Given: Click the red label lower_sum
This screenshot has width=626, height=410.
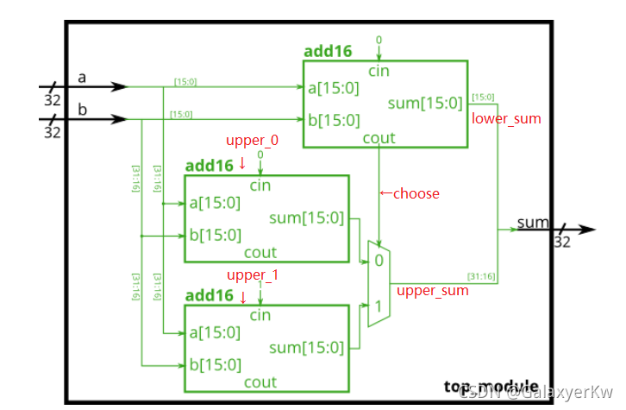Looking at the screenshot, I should coord(506,118).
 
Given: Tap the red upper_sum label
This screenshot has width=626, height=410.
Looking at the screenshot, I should coord(433,291).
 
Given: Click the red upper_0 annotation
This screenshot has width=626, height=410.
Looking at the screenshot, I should coord(253,140).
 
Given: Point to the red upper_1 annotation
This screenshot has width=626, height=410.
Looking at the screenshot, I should coord(252,275).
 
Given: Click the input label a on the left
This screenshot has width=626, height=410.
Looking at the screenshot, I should coord(83,78).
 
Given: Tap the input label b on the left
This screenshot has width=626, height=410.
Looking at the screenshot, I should coord(83,108).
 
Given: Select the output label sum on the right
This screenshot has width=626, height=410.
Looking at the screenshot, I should coord(532,224).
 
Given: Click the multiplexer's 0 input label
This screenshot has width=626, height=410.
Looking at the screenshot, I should coord(377,259).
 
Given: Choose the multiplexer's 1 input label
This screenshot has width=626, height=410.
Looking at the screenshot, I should coord(377,306).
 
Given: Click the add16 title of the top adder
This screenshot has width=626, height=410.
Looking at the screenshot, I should coord(328,51).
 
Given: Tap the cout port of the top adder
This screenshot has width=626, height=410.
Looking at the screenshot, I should coord(379,138).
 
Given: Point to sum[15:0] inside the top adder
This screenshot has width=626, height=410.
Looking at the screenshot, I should coord(424,104).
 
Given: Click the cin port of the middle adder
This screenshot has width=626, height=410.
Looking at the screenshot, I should coord(260,186).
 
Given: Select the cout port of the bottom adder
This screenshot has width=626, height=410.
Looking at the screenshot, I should coord(260,382).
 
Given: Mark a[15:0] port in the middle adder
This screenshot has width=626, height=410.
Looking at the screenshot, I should coord(215,203).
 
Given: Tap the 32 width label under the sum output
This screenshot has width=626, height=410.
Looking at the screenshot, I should coord(562,243).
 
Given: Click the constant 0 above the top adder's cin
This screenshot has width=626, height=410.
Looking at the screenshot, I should coord(379,41).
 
